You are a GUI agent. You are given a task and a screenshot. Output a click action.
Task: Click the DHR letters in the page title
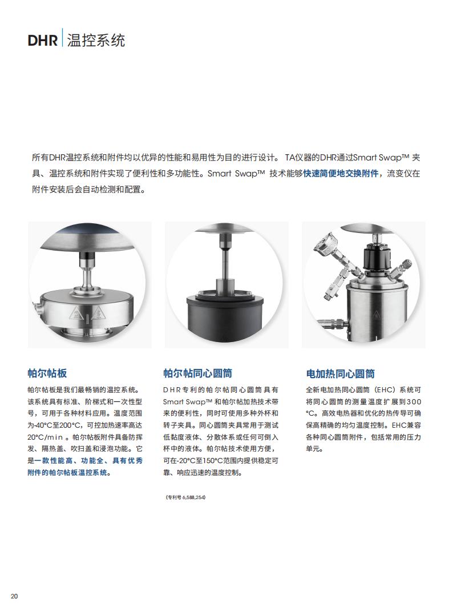(43, 41)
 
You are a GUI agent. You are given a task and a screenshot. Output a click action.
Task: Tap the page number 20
(14, 596)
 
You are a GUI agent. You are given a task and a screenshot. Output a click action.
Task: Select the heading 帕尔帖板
(47, 373)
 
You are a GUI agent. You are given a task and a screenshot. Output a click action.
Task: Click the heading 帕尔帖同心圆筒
(197, 373)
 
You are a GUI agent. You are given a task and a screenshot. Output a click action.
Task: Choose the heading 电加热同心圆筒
(340, 374)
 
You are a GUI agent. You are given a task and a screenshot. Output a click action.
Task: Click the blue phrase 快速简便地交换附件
(341, 174)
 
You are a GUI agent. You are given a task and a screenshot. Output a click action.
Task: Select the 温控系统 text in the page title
(96, 41)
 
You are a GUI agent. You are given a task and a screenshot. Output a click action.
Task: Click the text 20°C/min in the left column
(45, 437)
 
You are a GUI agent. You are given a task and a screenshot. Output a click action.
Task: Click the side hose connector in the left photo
(36, 307)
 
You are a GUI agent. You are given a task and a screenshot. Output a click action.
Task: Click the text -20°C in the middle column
(187, 460)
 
